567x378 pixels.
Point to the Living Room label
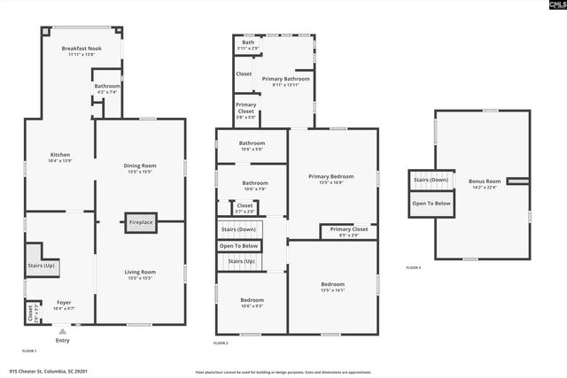point(140,274)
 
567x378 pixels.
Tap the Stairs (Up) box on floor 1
point(41,265)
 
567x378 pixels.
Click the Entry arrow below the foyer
point(62,332)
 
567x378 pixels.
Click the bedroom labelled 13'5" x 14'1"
point(332,286)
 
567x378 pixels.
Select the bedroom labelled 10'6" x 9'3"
point(252,302)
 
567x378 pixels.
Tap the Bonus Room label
point(485,183)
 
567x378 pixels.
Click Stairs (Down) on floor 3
point(431,181)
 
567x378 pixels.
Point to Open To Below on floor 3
point(431,203)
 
